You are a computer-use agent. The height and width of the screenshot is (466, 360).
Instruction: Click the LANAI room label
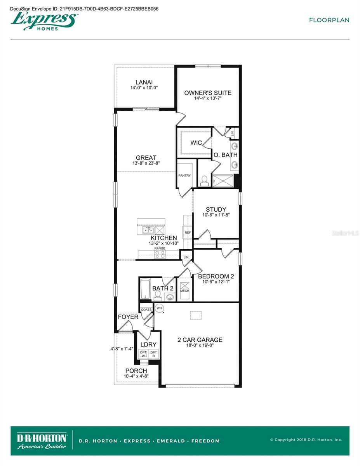click(144, 82)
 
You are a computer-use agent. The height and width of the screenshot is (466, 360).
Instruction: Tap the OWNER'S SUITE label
click(207, 93)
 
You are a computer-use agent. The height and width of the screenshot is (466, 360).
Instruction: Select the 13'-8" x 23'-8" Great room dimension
click(146, 163)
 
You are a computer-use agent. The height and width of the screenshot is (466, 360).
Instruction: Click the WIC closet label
click(196, 143)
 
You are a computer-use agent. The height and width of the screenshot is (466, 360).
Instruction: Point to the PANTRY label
click(184, 176)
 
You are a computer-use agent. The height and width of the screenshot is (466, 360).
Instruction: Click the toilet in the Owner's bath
click(204, 180)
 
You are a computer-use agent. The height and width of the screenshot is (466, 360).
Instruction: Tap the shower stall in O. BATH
click(223, 181)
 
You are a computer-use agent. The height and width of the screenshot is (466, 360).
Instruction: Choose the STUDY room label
click(216, 210)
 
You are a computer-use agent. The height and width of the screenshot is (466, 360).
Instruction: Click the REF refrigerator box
click(188, 233)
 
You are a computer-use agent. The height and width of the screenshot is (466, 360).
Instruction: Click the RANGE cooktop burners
click(160, 254)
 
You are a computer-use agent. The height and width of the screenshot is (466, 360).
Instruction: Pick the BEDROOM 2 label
click(216, 276)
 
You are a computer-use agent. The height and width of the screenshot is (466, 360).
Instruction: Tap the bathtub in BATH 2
click(145, 289)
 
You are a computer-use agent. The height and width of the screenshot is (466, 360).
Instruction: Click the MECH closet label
click(184, 290)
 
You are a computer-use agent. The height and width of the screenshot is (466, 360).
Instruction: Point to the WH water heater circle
click(159, 308)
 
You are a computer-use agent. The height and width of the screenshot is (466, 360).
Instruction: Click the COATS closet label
click(146, 310)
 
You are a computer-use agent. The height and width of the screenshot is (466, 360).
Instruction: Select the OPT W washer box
click(143, 354)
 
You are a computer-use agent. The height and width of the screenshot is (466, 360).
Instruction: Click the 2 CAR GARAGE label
click(200, 340)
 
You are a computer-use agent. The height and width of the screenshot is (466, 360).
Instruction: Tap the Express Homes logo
click(43, 20)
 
